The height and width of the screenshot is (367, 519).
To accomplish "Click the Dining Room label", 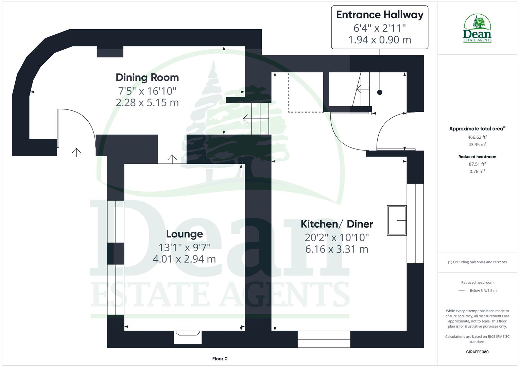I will (x=147, y=77).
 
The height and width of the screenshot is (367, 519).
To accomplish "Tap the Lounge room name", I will (x=184, y=234).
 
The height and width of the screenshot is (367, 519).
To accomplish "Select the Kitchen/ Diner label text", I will (x=337, y=224).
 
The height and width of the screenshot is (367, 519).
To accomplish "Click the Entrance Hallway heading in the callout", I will (x=380, y=15).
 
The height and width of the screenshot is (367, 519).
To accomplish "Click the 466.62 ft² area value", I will (x=477, y=137).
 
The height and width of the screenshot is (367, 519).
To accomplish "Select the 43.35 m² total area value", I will (x=477, y=144).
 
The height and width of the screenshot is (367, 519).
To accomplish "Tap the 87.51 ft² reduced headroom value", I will (x=477, y=164).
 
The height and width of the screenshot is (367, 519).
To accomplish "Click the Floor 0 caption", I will (x=220, y=359).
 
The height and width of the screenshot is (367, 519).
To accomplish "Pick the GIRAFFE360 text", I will (x=477, y=352).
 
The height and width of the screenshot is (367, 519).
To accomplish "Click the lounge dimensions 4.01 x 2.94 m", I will (x=184, y=259).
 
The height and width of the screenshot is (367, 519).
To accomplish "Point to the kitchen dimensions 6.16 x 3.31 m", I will (x=337, y=249).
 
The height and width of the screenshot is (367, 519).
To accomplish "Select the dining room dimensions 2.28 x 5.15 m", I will (x=147, y=102).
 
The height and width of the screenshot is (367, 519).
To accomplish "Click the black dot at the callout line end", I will (x=380, y=92).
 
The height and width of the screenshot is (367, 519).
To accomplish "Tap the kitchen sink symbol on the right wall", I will (x=397, y=220).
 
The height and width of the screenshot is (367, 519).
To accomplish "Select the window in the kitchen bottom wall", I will (x=324, y=339).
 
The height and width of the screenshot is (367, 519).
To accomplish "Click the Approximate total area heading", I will (x=477, y=128).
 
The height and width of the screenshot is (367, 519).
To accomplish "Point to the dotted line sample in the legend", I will (x=462, y=291).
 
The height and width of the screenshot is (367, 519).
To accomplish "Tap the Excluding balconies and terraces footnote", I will (x=477, y=262).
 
